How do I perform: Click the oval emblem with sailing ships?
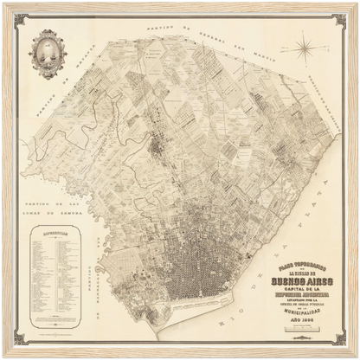[x=46, y=52]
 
